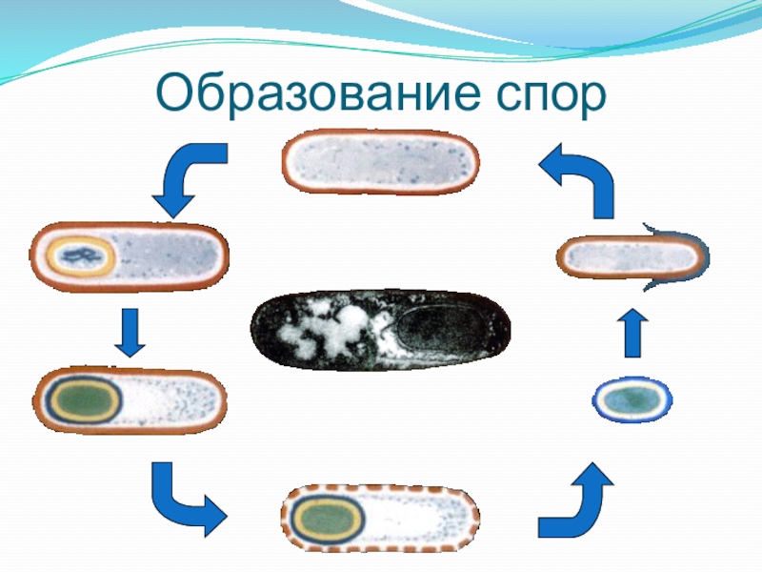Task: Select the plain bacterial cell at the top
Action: click(380, 161)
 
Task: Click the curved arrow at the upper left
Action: click(188, 178)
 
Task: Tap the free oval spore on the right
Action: click(632, 399)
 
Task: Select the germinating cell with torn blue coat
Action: click(631, 257)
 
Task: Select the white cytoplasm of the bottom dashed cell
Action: click(419, 521)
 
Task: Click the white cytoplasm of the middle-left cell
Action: click(171, 399)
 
